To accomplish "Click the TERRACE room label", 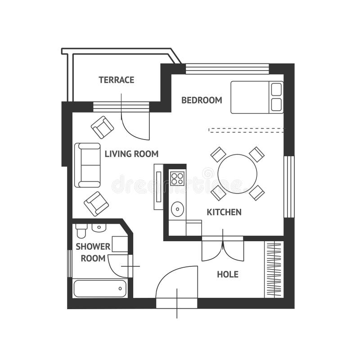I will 117,80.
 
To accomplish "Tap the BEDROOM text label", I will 202,100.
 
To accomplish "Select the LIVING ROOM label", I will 131,154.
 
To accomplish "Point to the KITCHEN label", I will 224,212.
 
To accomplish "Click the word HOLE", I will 228,274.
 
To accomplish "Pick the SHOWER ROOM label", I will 93,252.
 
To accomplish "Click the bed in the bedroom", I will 256,97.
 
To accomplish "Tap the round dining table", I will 237,174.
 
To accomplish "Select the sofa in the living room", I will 88,165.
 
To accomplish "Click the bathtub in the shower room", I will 100,288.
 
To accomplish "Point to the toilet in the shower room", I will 81,230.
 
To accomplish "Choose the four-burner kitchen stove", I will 177,177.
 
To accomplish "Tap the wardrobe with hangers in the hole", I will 274,269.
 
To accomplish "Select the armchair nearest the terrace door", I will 103,127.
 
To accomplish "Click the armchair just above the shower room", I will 96,203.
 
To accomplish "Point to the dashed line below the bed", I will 246,130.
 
